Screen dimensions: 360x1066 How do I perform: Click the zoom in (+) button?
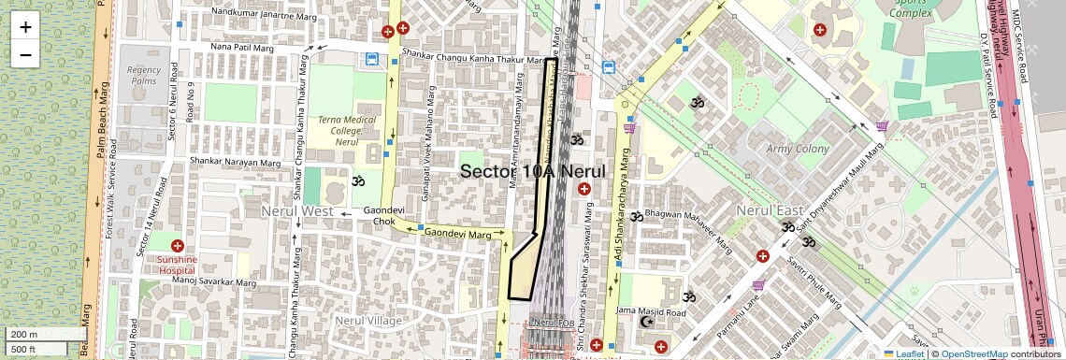pos(25,27)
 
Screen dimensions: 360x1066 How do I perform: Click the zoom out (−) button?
pos(25,54)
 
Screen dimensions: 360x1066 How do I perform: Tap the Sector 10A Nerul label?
pos(533,171)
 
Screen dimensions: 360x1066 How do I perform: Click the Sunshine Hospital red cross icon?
pos(177,245)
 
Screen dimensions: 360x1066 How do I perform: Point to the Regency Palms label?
pos(145,76)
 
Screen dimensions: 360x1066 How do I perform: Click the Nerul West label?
pos(296,211)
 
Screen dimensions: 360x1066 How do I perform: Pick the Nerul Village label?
pos(368,321)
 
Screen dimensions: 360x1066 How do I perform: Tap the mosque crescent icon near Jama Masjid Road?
pos(645,322)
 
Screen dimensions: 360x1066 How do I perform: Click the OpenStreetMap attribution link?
pos(973,353)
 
